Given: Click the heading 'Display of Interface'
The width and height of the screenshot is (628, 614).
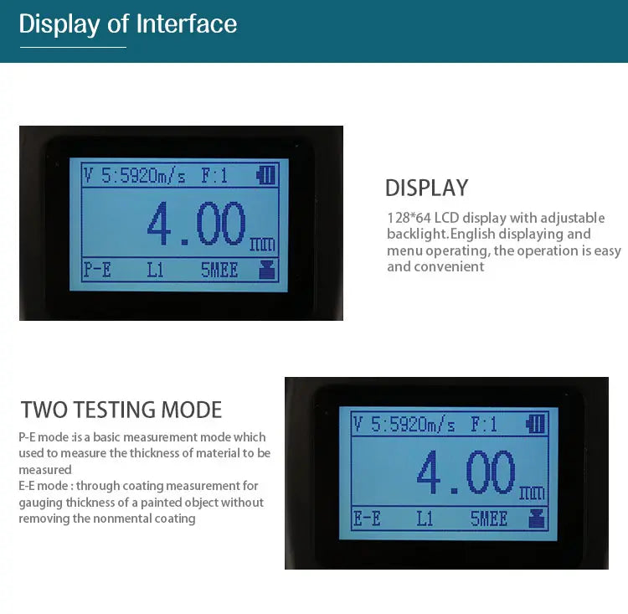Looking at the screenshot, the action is (128, 23).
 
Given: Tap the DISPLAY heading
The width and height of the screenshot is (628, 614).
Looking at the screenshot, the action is (426, 188).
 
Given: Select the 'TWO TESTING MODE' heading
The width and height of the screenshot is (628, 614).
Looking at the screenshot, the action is (121, 410).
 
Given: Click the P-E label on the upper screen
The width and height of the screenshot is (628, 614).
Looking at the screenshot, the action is (97, 270).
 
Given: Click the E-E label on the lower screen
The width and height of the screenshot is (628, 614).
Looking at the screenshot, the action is (367, 519).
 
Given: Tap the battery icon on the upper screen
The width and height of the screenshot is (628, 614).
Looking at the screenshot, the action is (266, 175).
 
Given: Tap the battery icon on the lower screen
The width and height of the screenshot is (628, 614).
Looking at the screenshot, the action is (536, 424).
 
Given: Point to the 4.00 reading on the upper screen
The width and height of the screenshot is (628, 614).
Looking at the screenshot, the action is (196, 224).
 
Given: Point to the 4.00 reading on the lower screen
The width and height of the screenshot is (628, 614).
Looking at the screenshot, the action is (466, 472).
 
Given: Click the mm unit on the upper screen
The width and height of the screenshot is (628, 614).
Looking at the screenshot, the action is (262, 244).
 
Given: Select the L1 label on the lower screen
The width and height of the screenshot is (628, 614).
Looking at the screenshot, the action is (425, 519).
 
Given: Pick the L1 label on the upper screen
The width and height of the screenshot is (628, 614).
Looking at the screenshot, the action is (155, 270).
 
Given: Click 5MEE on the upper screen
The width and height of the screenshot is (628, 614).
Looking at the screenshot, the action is (219, 270).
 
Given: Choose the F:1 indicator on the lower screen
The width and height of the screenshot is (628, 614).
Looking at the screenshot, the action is (484, 425).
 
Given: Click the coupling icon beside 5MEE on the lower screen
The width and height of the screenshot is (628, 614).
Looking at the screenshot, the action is (537, 519).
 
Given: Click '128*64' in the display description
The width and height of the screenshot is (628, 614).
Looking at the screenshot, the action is (409, 218).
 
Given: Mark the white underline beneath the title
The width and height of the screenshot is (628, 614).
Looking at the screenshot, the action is (74, 47).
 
